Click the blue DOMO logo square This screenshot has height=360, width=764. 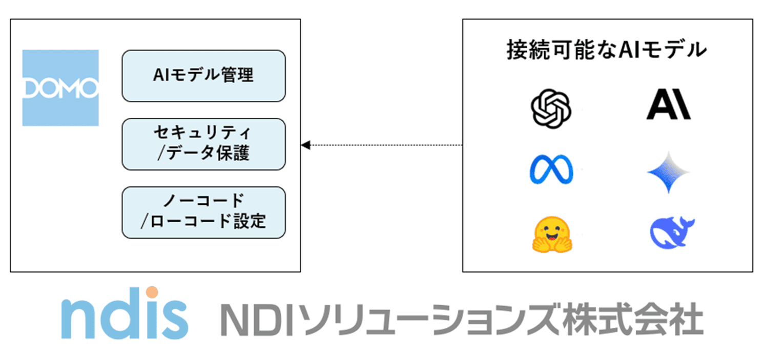tap(60, 88)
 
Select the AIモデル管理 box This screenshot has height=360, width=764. tap(203, 76)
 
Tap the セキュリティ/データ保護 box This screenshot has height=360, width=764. tap(203, 144)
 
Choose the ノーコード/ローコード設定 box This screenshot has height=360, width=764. tap(203, 212)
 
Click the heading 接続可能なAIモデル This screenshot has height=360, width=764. tap(607, 50)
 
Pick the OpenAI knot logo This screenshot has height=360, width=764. tap(550, 109)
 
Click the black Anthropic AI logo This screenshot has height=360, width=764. tap(668, 107)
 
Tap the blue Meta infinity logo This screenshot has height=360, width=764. tap(551, 171)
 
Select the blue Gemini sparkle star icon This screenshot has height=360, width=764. tap(668, 172)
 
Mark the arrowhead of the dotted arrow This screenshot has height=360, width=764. tap(305, 145)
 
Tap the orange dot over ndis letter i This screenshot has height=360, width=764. tap(152, 292)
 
